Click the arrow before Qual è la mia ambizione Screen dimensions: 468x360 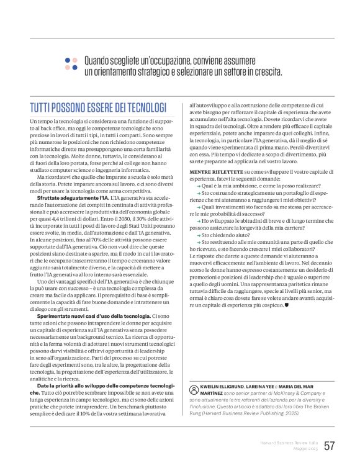pyautogui.click(x=199, y=185)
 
